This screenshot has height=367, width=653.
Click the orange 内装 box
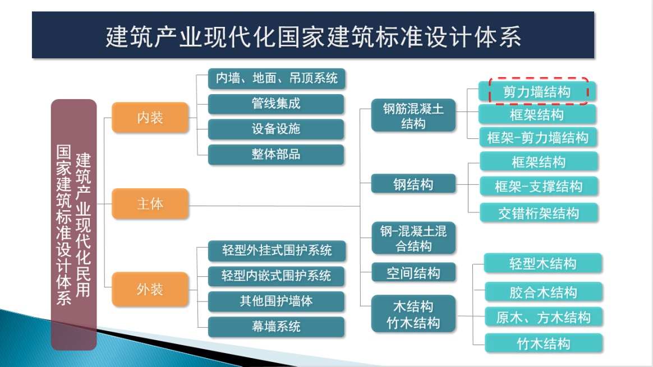coord(150,118)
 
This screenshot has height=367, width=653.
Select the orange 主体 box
coord(150,203)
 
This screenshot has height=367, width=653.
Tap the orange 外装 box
coord(150,289)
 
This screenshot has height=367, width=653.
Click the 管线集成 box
coord(275,104)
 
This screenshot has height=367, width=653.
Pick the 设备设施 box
coord(275,129)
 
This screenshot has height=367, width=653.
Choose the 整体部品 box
coord(275,155)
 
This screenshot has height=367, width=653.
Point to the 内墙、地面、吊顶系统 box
coord(275,78)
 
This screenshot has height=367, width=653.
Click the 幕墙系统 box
coord(275,327)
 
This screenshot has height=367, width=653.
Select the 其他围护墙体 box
coord(275,301)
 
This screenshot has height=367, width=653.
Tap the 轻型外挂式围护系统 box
coord(275,250)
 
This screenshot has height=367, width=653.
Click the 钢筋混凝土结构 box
coord(413,116)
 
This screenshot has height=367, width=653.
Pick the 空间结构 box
coord(413,273)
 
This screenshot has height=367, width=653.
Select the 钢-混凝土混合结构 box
coord(413,238)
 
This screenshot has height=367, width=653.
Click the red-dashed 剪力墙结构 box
coord(537,91)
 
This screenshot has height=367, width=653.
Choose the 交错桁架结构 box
coord(539,213)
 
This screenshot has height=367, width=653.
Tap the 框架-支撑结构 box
coord(539,187)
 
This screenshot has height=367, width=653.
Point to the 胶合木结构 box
coord(542,292)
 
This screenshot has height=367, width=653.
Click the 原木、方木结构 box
coord(543,318)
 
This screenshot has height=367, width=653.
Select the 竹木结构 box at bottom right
coord(543,343)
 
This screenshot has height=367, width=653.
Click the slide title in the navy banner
coord(313,36)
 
